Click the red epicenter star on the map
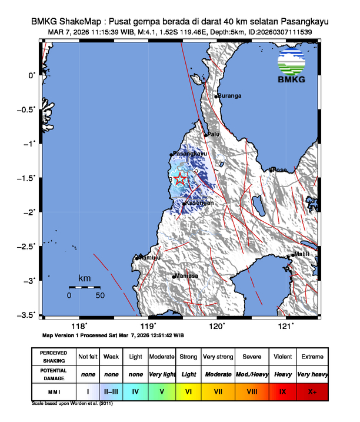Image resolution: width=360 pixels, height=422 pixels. [x=180, y=180]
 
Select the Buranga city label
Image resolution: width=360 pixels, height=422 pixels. [x=230, y=96]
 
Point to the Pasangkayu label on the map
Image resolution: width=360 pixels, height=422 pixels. [x=191, y=154]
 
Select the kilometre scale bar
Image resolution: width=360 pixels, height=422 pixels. [x=84, y=287]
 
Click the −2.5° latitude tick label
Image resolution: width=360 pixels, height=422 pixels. [x=27, y=246]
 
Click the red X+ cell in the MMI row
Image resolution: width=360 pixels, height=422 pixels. [x=312, y=390]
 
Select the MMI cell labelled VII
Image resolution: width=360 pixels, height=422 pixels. [x=218, y=390]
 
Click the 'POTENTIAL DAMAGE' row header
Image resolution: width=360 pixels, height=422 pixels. [x=54, y=374]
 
